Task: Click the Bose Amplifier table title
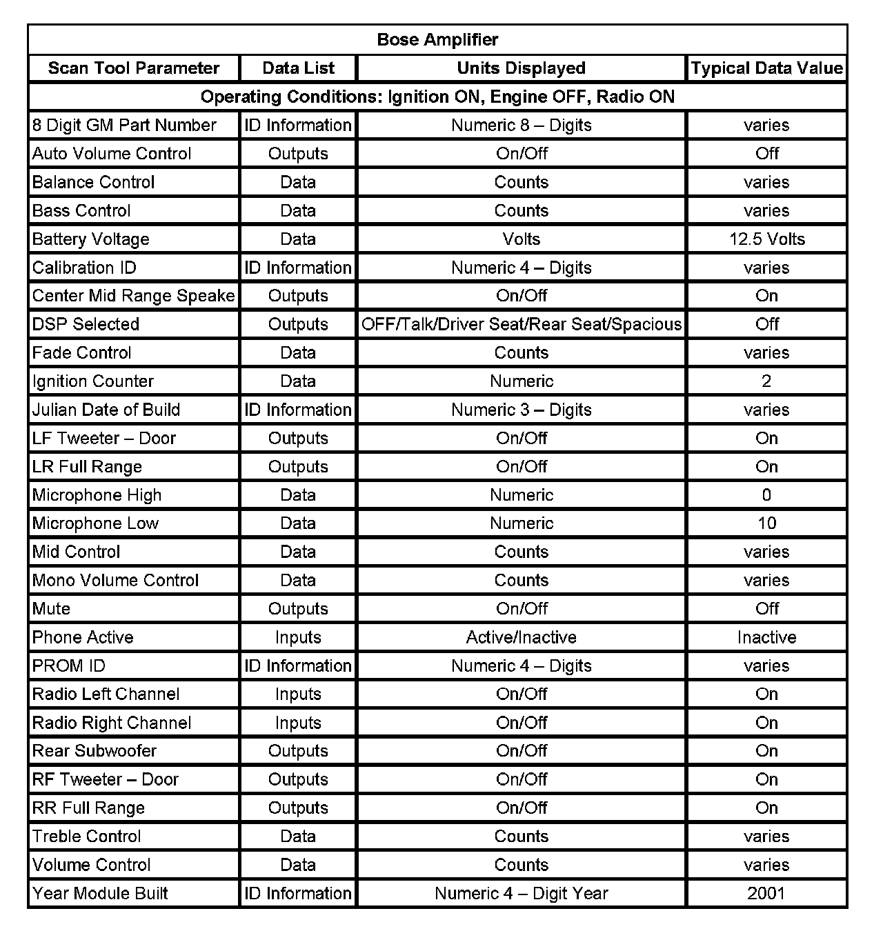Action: tap(437, 39)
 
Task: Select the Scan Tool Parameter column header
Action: tap(134, 68)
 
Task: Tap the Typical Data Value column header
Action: tap(766, 68)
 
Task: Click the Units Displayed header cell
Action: tap(521, 68)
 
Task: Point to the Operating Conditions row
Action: tap(437, 97)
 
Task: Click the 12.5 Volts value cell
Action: tap(766, 239)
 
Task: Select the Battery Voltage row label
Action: tap(91, 239)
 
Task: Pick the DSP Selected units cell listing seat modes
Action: tap(521, 324)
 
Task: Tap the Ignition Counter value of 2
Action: tap(766, 381)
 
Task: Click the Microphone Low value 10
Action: tap(766, 523)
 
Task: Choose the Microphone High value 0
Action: tap(766, 495)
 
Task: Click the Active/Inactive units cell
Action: tap(521, 637)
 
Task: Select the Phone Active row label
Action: tap(83, 637)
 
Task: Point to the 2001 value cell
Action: tap(766, 894)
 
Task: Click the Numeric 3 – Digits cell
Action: tap(521, 410)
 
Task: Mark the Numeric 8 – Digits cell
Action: tap(521, 126)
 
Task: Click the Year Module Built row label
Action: tap(100, 894)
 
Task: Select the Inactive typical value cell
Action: tap(766, 637)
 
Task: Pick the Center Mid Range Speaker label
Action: tap(134, 296)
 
